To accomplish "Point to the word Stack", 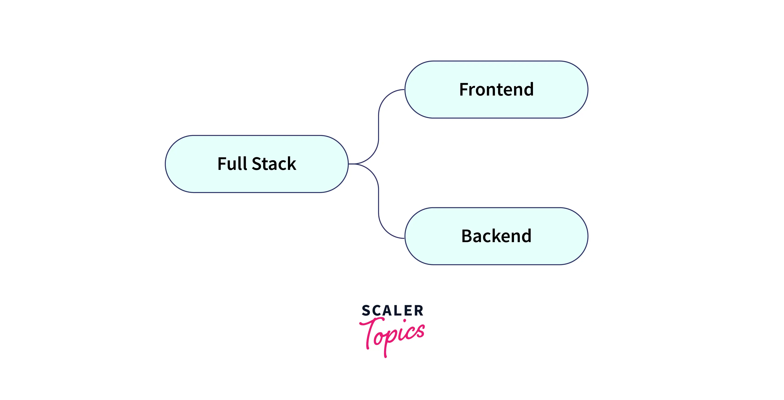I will pyautogui.click(x=274, y=164).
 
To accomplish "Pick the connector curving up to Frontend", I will pyautogui.click(x=379, y=122).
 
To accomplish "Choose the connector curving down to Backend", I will pyautogui.click(x=379, y=207).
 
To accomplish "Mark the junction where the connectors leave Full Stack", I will pyautogui.click(x=353, y=164).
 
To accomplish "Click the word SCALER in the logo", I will pyautogui.click(x=392, y=311).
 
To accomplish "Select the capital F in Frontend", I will pyautogui.click(x=464, y=90).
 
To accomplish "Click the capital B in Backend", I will pyautogui.click(x=467, y=236).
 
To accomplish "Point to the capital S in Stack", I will pyautogui.click(x=257, y=164).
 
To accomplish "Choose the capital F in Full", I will pyautogui.click(x=222, y=164).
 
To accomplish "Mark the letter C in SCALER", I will pyautogui.click(x=376, y=311).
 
